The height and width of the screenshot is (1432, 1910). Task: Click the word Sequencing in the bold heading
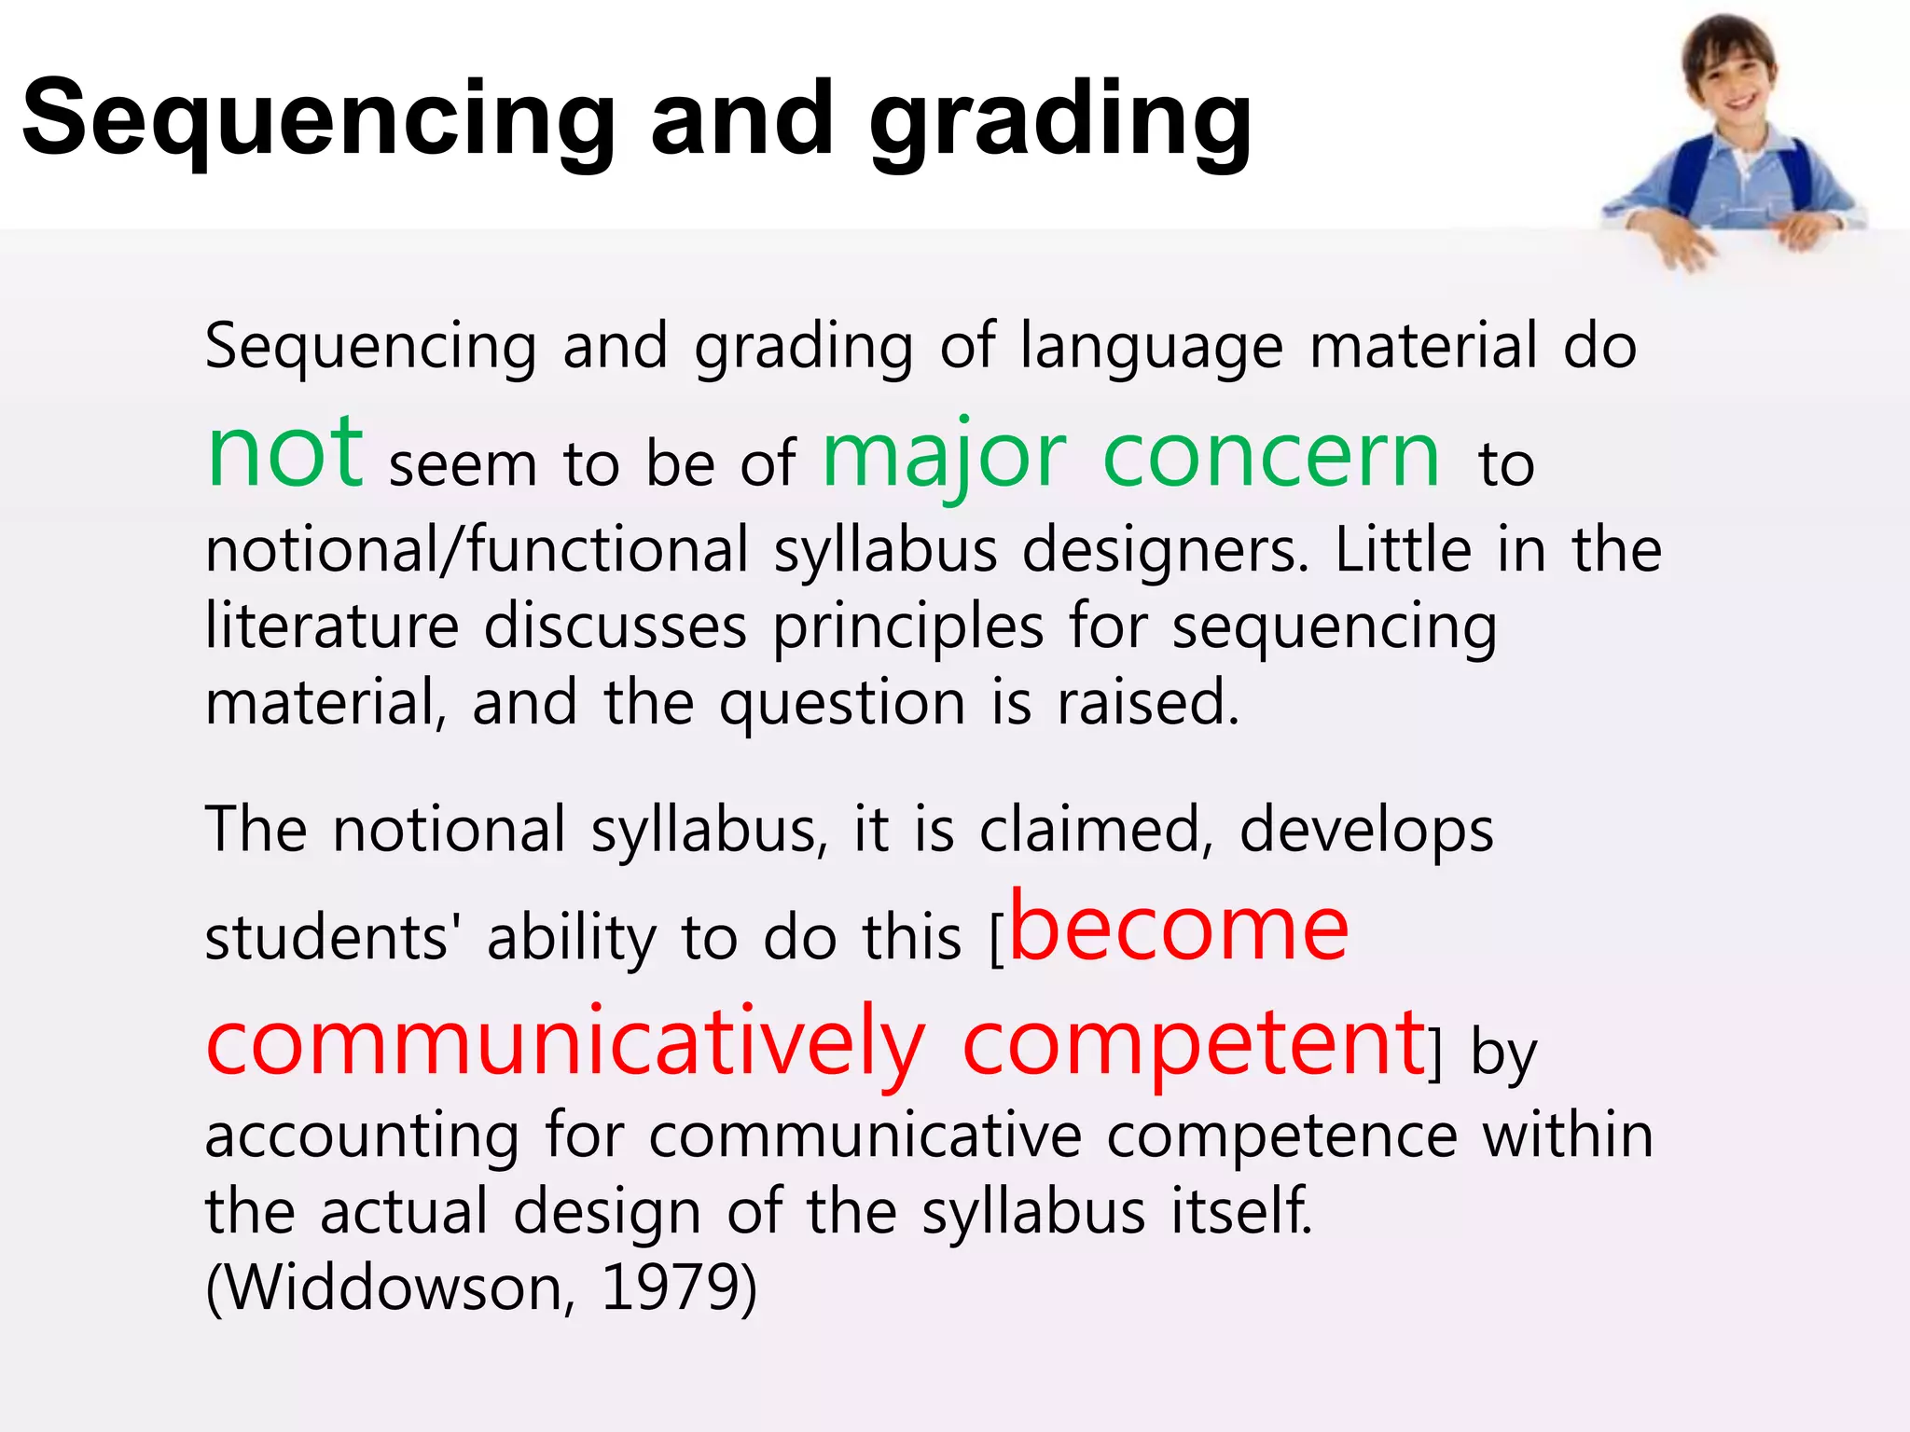pyautogui.click(x=318, y=119)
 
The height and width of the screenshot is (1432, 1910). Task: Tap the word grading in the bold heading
pyautogui.click(x=1060, y=123)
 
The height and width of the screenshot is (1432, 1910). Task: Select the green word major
pyautogui.click(x=944, y=457)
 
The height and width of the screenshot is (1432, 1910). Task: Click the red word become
pyautogui.click(x=1179, y=929)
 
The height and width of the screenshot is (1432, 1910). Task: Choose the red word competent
pyautogui.click(x=1193, y=1044)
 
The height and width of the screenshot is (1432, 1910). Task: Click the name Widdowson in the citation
pyautogui.click(x=394, y=1287)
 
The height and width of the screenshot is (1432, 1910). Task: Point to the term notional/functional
pyautogui.click(x=477, y=550)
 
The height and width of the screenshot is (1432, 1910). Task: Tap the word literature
pyautogui.click(x=332, y=626)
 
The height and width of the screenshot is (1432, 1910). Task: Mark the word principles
pyautogui.click(x=907, y=627)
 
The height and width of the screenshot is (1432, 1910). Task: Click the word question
pyautogui.click(x=842, y=704)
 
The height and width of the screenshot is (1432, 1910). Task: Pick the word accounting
pyautogui.click(x=362, y=1136)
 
